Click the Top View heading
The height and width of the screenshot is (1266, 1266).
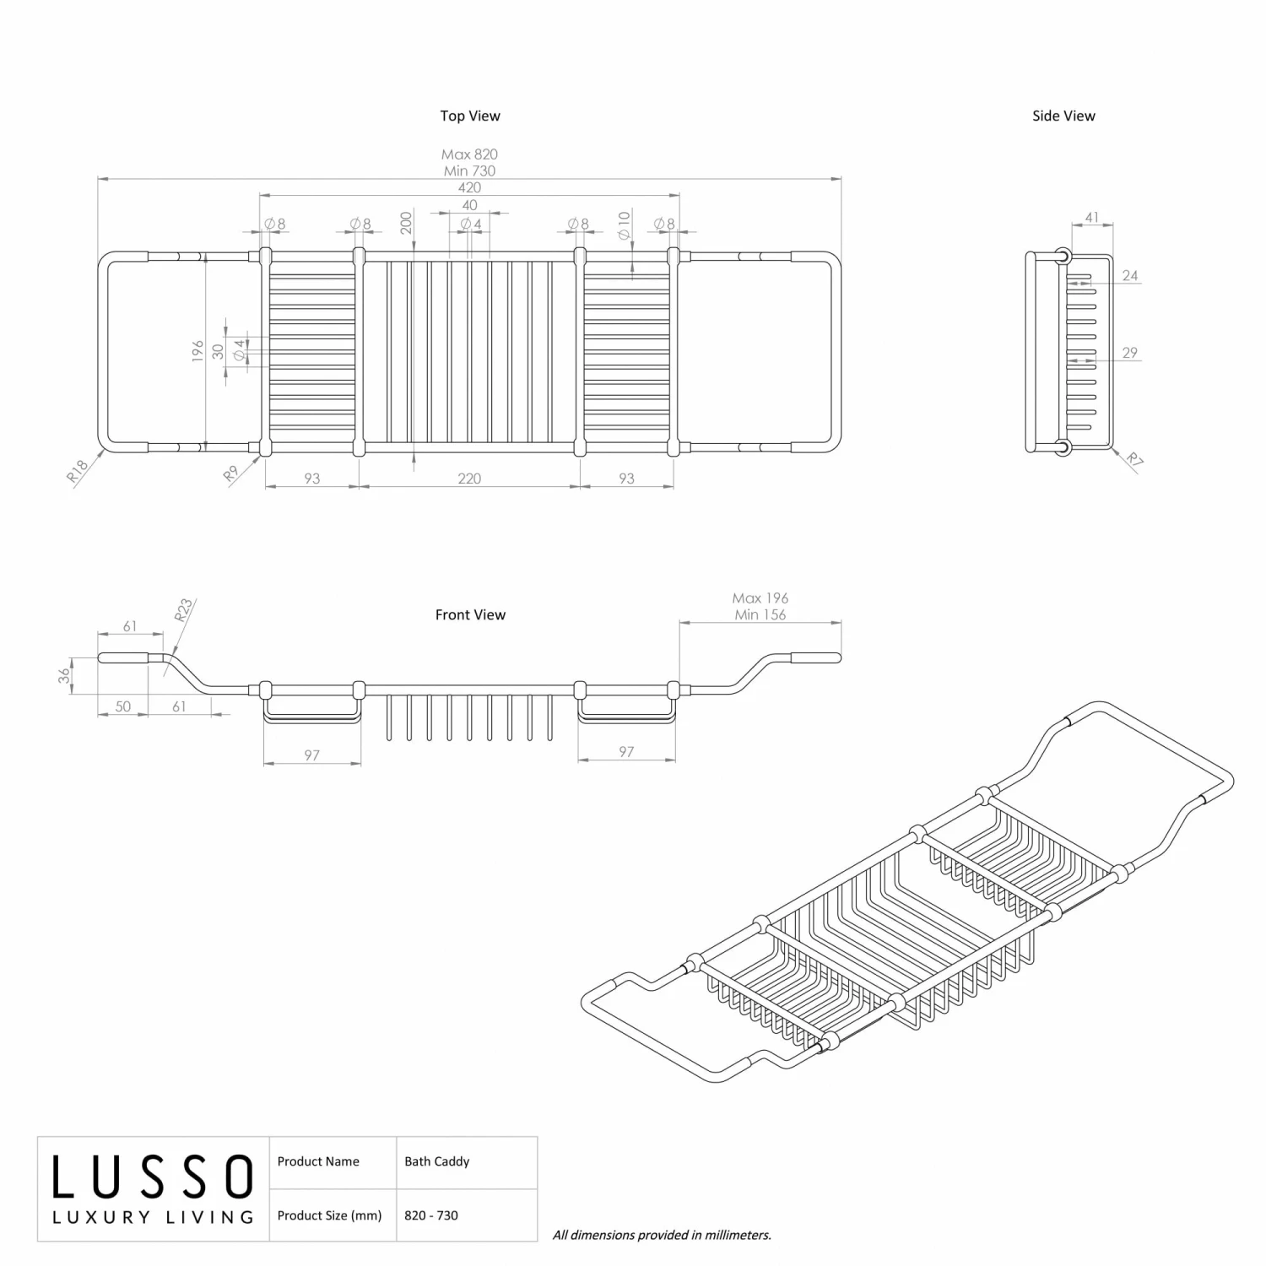(469, 116)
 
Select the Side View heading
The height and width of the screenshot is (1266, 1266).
(1063, 116)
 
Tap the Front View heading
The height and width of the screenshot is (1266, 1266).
(470, 614)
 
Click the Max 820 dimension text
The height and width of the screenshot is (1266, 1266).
(469, 154)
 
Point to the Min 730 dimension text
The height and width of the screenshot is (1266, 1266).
(469, 170)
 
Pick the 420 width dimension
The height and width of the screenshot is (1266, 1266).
(469, 187)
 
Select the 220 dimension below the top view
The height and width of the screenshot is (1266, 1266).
(469, 479)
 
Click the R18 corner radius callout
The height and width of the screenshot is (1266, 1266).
(78, 471)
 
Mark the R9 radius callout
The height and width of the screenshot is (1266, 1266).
(231, 474)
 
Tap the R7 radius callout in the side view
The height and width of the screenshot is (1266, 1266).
(1135, 460)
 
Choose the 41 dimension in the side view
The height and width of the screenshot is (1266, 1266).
(1091, 218)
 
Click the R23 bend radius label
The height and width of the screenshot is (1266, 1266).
(184, 609)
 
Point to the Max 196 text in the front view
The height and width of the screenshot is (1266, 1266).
(760, 598)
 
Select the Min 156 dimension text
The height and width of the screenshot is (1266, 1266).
(760, 614)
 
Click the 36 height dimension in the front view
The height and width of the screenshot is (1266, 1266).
(64, 676)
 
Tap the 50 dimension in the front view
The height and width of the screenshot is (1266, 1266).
(123, 706)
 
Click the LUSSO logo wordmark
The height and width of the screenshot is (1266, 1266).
(153, 1177)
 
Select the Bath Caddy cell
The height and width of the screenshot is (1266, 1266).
(436, 1161)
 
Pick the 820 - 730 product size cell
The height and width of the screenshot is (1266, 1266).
(430, 1215)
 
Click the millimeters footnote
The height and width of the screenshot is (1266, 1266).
(662, 1235)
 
